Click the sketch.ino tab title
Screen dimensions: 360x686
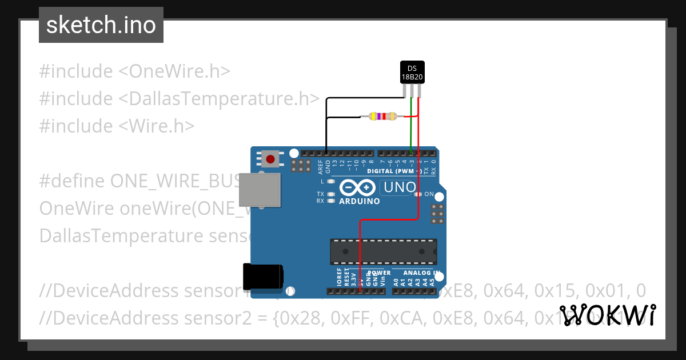(x=101, y=25)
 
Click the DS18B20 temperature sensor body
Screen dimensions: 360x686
(x=412, y=72)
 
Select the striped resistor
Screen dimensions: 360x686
(x=383, y=117)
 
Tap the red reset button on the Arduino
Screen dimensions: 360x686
(x=270, y=158)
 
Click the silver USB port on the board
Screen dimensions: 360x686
(x=260, y=190)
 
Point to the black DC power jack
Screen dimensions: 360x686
(x=262, y=277)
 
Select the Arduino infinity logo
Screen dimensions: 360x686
(x=358, y=187)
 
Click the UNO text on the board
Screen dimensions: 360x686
(x=400, y=187)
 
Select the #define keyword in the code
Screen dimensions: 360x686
(x=72, y=181)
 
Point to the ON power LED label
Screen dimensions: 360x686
(x=429, y=194)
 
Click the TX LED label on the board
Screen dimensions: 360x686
(x=320, y=194)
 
